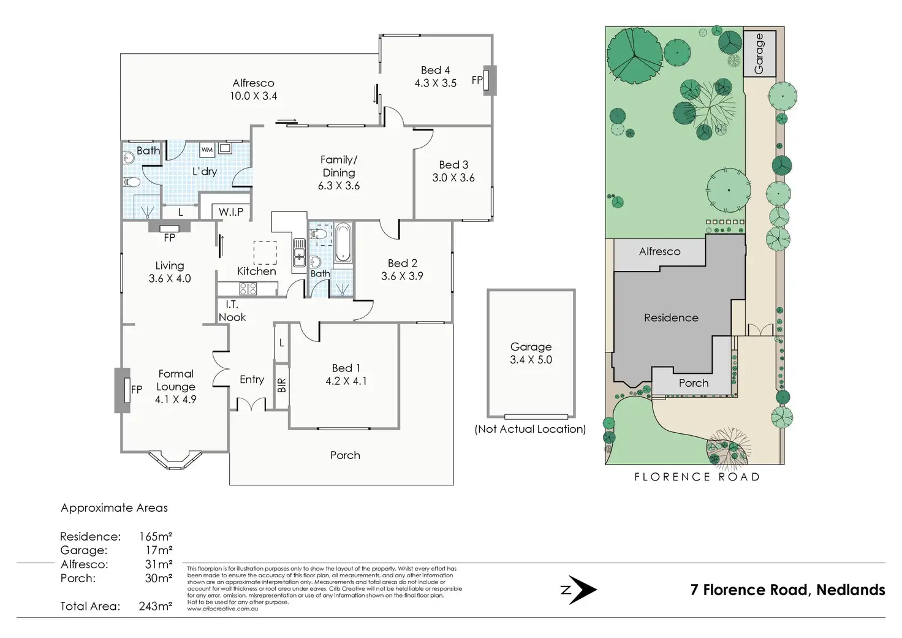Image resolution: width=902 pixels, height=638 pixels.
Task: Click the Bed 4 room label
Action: pos(435,70)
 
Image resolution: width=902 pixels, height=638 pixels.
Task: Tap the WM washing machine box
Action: pos(207,150)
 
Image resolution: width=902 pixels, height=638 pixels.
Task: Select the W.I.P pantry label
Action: pos(231,212)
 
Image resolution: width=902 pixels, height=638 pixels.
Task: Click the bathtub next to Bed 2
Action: pos(343,241)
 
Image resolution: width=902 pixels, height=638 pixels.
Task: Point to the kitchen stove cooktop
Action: pos(248,289)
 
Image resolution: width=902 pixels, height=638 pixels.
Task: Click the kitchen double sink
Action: pos(299,253)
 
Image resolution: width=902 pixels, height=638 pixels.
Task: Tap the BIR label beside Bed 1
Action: pos(281,385)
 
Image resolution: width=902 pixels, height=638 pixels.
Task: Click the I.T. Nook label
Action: pos(232,311)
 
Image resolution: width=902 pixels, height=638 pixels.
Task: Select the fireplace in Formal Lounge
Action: pos(123,390)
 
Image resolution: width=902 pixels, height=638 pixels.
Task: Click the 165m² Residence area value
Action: pos(156,536)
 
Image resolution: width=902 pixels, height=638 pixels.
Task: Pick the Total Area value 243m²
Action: pos(156,606)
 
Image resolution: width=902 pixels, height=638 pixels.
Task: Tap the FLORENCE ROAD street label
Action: pos(697,477)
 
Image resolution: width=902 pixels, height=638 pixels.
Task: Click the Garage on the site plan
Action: pos(759,53)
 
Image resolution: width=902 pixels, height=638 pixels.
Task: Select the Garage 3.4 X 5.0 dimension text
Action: pos(531,360)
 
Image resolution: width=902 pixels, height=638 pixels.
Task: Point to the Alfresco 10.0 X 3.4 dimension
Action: pos(253,96)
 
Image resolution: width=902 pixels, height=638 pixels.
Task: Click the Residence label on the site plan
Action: pos(671,318)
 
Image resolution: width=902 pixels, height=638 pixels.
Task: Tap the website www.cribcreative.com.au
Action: pos(222,609)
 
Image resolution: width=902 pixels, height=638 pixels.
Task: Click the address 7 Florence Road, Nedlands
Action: pos(787,590)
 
